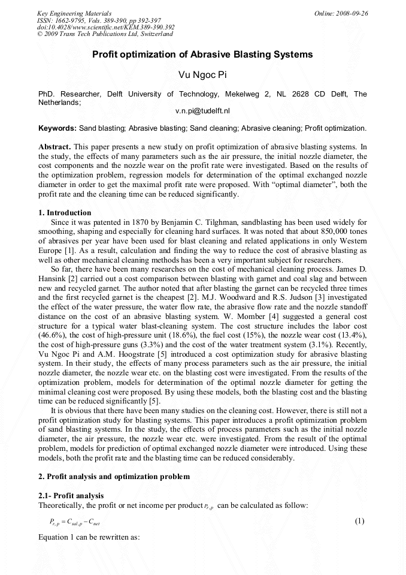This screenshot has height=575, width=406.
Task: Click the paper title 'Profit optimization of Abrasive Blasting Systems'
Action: (202, 55)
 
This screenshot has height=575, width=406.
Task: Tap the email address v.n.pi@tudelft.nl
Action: (202, 112)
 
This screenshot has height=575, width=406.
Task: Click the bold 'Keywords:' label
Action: (57, 128)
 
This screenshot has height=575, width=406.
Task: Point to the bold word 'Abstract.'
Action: (55, 147)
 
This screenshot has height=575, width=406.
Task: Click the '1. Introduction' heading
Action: (65, 213)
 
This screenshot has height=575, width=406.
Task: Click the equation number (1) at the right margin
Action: (359, 521)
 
